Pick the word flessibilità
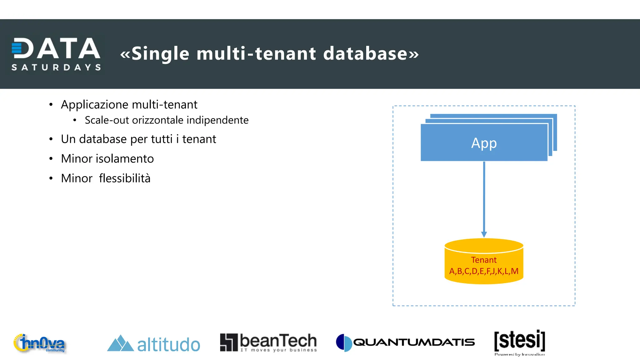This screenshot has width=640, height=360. (125, 178)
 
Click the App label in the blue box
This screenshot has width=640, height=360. (484, 143)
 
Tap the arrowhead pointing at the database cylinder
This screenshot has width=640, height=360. (484, 234)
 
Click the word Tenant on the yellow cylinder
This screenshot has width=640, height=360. (484, 260)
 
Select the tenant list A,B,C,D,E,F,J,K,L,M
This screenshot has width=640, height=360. (484, 271)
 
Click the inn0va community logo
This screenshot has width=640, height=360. (40, 343)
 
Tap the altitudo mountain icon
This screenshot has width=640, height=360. (120, 343)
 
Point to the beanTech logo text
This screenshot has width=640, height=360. (278, 341)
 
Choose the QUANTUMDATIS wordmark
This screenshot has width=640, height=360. (414, 342)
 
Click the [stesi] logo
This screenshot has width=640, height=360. (519, 341)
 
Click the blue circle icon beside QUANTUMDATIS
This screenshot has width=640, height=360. (344, 342)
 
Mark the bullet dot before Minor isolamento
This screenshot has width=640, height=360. (51, 159)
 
